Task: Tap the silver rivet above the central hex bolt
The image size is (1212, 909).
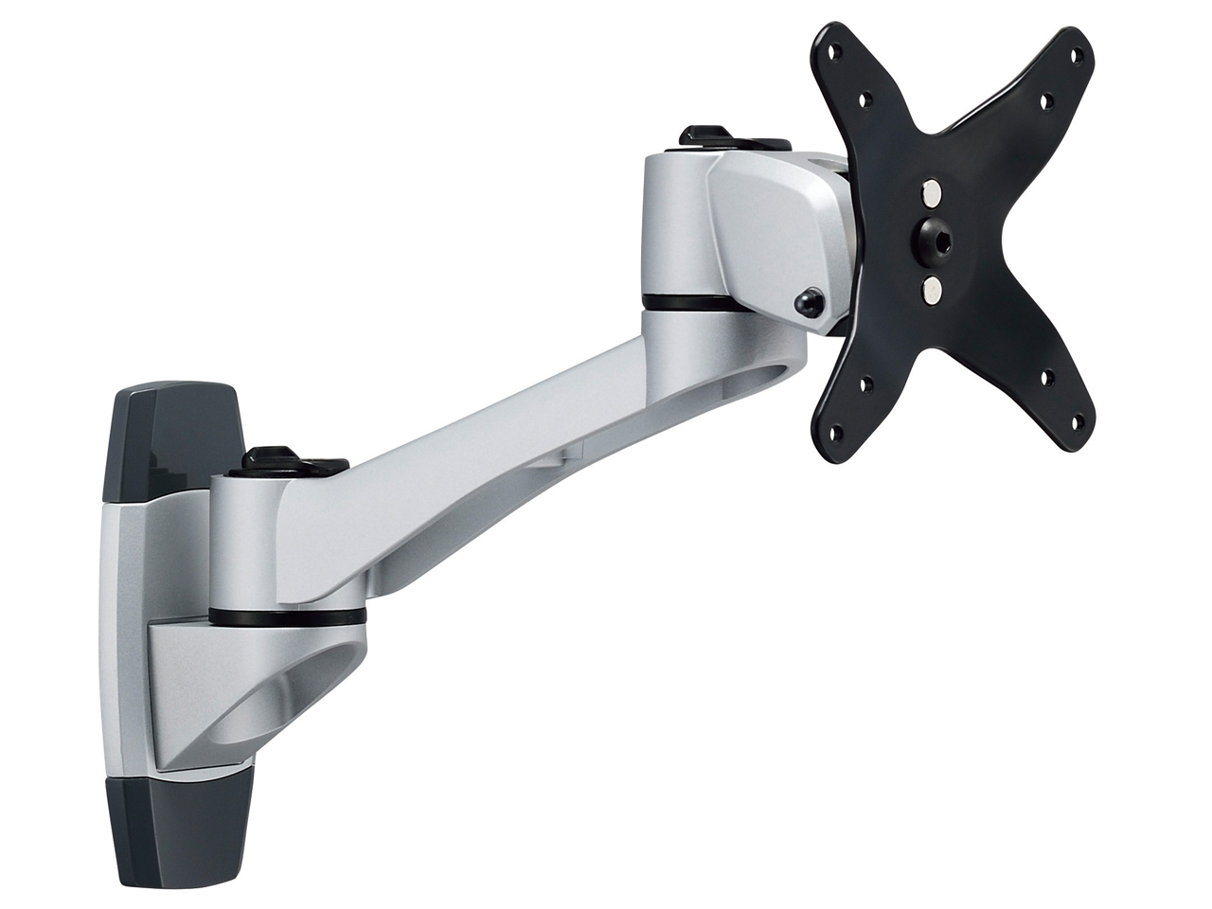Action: click(932, 194)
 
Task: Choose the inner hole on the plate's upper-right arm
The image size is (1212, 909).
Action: click(1046, 99)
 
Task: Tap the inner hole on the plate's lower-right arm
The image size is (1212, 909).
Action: click(1047, 377)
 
